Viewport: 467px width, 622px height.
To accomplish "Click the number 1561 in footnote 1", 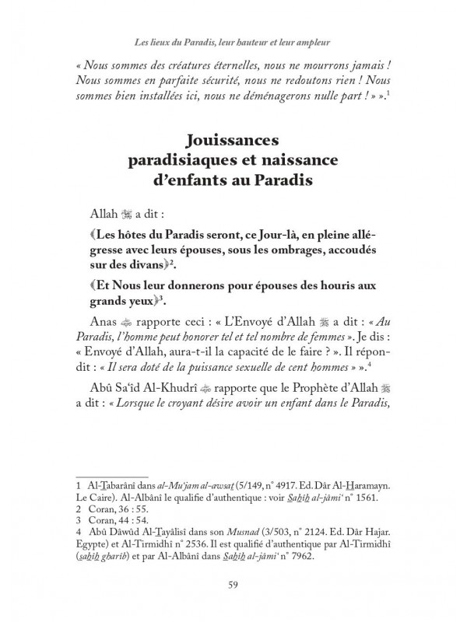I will click(356, 495).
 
